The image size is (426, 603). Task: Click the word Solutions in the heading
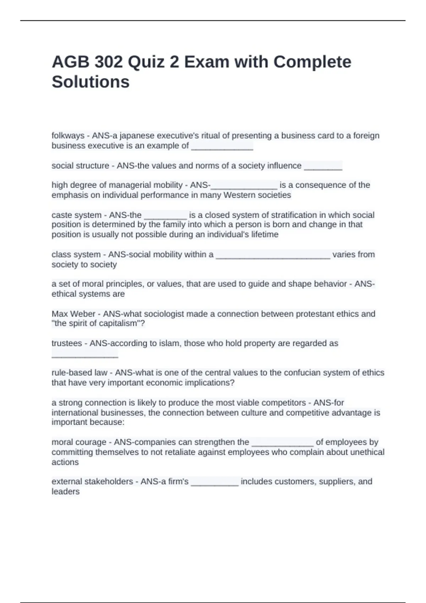coord(91,82)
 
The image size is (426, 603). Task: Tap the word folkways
coord(68,136)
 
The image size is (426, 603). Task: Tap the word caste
coord(61,215)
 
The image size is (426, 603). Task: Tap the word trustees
coord(67,343)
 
